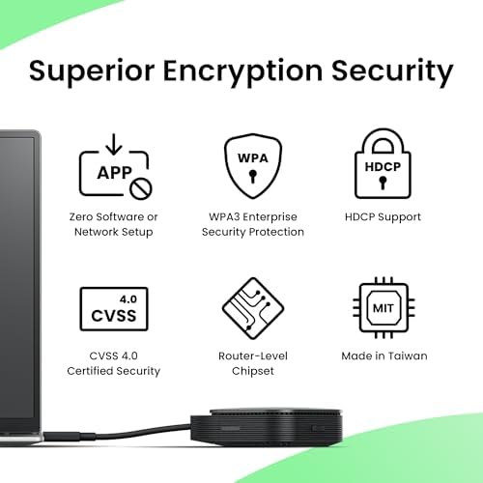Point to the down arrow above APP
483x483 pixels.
(x=114, y=144)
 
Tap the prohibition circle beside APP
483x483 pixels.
(x=141, y=189)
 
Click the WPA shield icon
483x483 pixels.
(x=253, y=166)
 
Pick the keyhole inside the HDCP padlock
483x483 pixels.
(x=383, y=183)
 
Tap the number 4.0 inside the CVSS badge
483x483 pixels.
(x=128, y=299)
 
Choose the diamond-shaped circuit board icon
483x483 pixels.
(x=253, y=308)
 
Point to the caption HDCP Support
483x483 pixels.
(x=383, y=217)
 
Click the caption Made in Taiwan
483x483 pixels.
(x=384, y=355)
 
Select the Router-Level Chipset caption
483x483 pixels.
(x=253, y=363)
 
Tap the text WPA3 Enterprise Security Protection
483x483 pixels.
(x=253, y=224)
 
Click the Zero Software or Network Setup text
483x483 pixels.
(x=114, y=224)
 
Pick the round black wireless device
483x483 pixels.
(x=266, y=428)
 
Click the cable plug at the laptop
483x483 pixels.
(x=61, y=437)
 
